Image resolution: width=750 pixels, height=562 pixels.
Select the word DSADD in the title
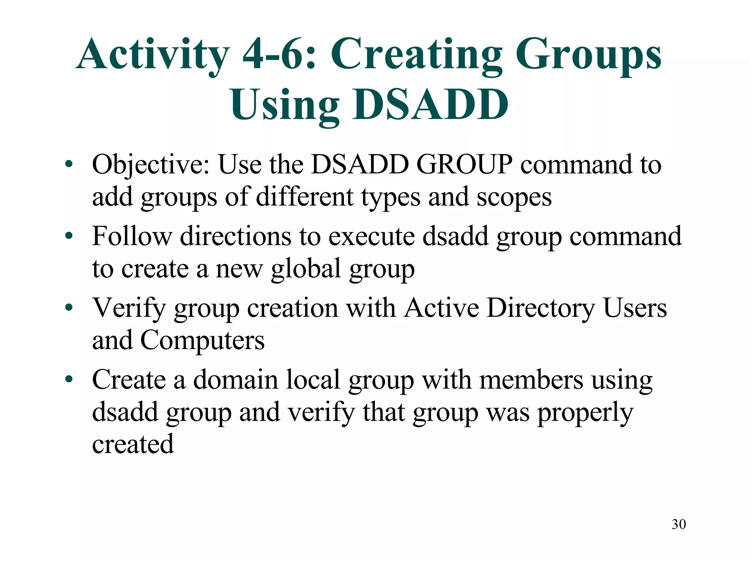pyautogui.click(x=430, y=105)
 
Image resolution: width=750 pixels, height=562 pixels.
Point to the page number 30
pyautogui.click(x=679, y=524)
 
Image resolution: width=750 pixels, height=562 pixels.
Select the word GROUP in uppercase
pyautogui.click(x=464, y=165)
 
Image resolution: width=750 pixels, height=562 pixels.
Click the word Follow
pyautogui.click(x=131, y=236)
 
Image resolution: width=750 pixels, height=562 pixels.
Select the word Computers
pyautogui.click(x=202, y=340)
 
